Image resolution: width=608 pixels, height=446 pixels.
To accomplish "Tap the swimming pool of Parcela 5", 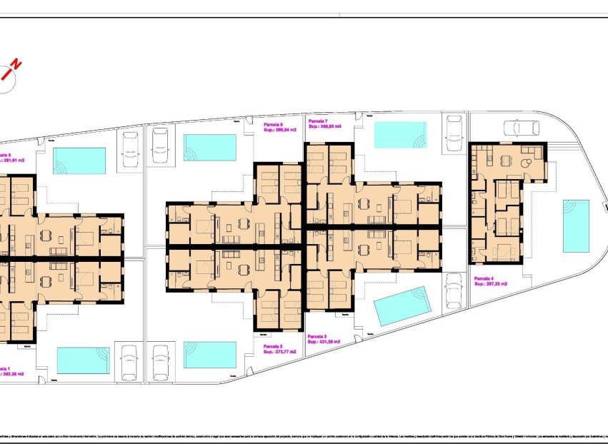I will click(79, 161).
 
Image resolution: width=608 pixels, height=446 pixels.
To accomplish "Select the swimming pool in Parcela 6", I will click(210, 148).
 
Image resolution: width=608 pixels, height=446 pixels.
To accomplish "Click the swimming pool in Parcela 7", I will click(400, 135).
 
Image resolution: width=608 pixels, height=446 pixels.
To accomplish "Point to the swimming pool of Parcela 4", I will click(576, 225).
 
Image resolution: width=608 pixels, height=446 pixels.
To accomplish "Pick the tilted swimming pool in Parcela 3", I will click(403, 306).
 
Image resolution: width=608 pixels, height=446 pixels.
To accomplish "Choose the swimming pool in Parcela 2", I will click(210, 355).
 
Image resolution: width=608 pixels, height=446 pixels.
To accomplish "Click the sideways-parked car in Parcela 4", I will click(522, 127).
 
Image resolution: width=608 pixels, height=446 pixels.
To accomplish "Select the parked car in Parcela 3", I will click(453, 290).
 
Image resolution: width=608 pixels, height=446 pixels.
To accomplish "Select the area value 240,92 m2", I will click(325, 126).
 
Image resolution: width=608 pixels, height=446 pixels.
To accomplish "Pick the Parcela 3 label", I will click(318, 335).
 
